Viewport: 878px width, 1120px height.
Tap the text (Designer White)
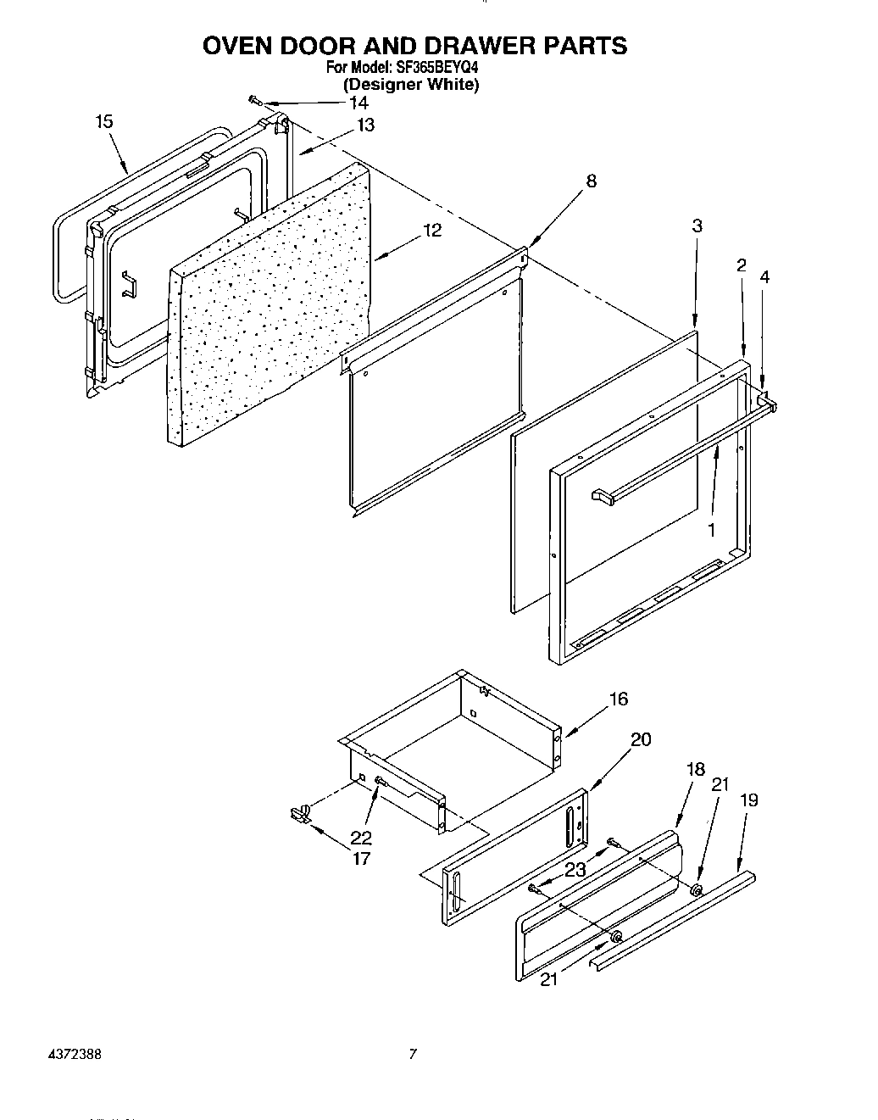[411, 85]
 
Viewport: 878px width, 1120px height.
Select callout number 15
[103, 122]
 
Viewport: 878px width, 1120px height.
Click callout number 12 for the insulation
[432, 231]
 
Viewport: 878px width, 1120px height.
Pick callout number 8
[591, 181]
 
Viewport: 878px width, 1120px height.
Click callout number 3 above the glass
[697, 226]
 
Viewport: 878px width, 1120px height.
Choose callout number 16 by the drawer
[619, 699]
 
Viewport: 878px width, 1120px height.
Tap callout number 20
[642, 739]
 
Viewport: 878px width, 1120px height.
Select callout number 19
[748, 800]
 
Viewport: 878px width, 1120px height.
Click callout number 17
[361, 859]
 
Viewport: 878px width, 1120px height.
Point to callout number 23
[575, 869]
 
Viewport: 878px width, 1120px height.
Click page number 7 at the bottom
[413, 1056]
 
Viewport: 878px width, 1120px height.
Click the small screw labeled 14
[255, 101]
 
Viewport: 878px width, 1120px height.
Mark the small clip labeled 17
[298, 814]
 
